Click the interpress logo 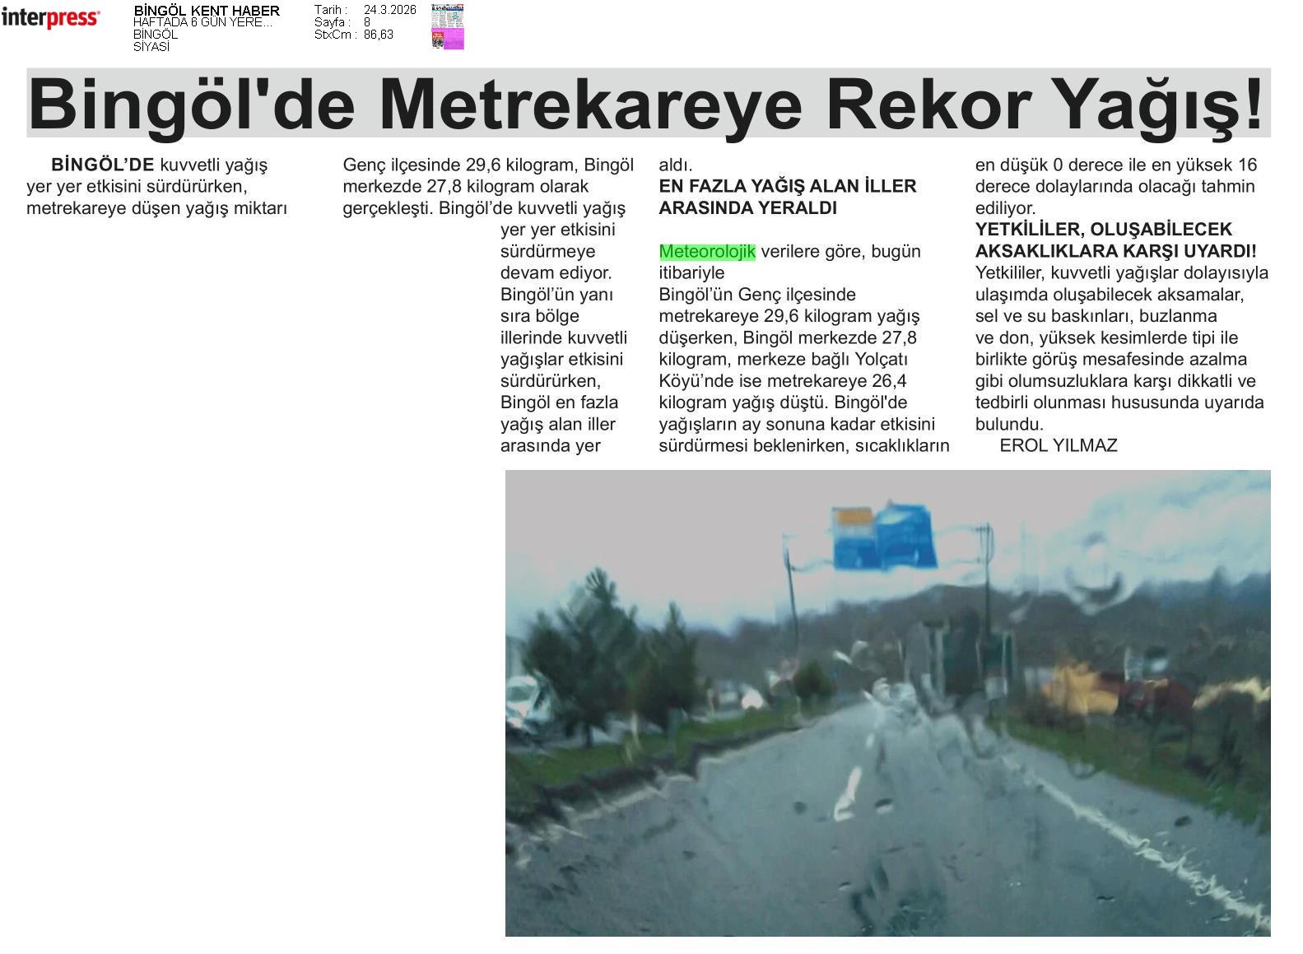point(50,18)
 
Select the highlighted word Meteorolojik point(707,252)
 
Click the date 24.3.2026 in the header point(390,10)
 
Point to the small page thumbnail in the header point(447,27)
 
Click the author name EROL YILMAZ point(1058,446)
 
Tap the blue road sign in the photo point(885,537)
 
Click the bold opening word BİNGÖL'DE point(103,165)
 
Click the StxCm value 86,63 point(379,35)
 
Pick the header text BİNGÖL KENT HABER point(207,11)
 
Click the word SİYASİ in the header point(151,47)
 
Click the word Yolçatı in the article point(880,360)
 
